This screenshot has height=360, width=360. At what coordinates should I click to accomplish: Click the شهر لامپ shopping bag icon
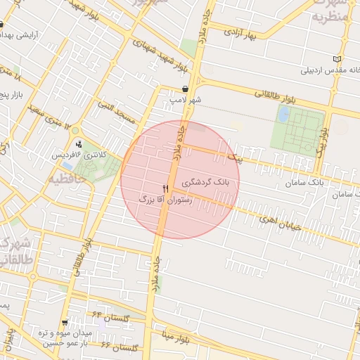click(x=184, y=89)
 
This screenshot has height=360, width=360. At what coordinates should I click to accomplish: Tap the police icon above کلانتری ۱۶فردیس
click(x=78, y=145)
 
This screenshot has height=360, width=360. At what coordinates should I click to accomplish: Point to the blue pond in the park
click(x=283, y=114)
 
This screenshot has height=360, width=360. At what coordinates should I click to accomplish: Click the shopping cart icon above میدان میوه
click(x=65, y=323)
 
